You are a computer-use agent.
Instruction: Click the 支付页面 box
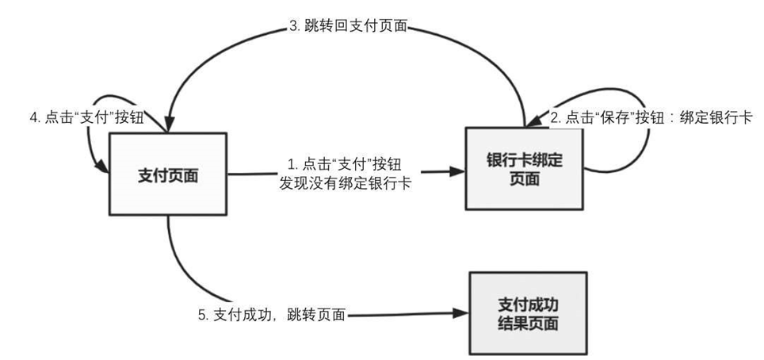pyautogui.click(x=168, y=174)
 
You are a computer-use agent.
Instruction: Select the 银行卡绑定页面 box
pyautogui.click(x=524, y=169)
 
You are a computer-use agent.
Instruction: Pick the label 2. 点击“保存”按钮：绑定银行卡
pyautogui.click(x=651, y=117)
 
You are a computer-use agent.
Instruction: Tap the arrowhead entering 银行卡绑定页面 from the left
pyautogui.click(x=457, y=170)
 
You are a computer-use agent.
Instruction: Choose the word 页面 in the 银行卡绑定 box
pyautogui.click(x=524, y=179)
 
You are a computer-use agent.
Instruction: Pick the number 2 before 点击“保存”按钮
pyautogui.click(x=554, y=117)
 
